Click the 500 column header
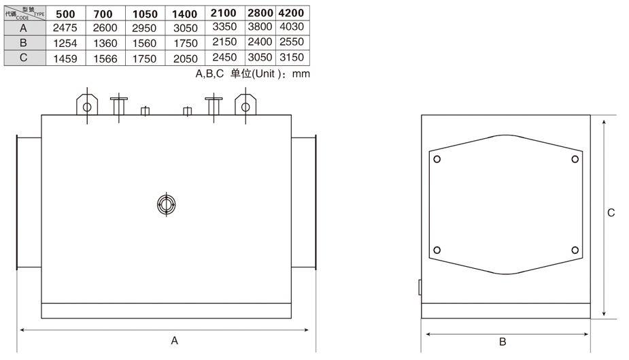coord(65,14)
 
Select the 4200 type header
coord(291,13)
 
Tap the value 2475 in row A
coord(65,28)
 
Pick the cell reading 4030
coord(292,27)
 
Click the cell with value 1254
coord(65,44)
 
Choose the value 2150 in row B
coord(224,42)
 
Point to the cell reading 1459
coord(65,59)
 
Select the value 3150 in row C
coord(292,57)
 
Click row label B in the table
coord(23,43)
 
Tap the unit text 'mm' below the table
coord(301,74)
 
